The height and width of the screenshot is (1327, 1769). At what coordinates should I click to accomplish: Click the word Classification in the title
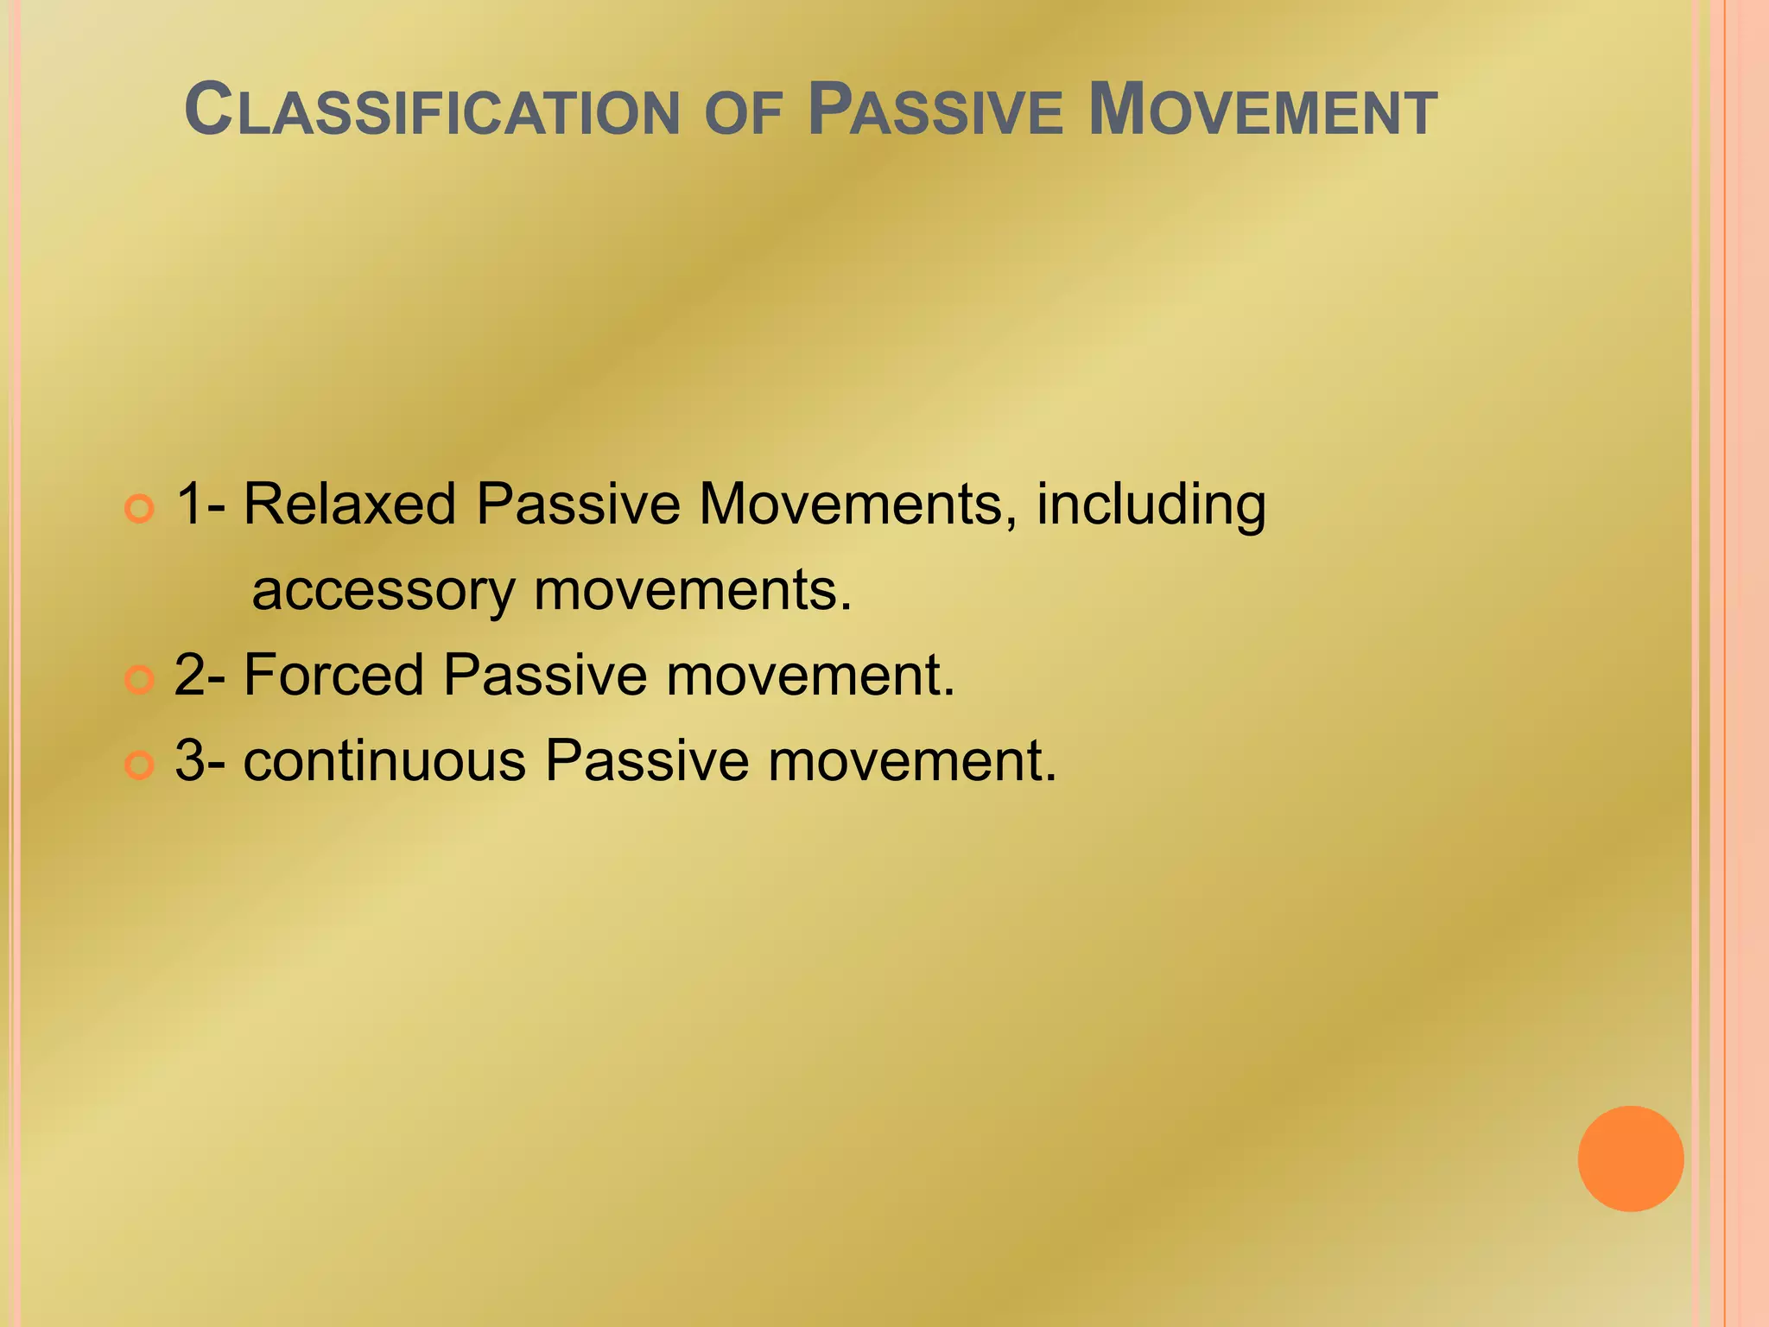(x=432, y=111)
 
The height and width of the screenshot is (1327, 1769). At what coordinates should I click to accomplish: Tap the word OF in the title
(x=744, y=114)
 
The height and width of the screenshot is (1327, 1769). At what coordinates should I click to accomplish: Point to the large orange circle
(x=1630, y=1159)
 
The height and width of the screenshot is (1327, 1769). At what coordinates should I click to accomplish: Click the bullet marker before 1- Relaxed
(x=139, y=508)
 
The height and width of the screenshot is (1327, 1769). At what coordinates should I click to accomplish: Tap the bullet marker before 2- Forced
(x=139, y=680)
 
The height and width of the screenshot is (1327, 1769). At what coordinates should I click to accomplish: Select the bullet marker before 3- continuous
(x=139, y=765)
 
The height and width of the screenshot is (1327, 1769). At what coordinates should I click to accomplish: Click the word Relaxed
(x=349, y=504)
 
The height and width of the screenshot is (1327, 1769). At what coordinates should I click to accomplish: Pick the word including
(x=1151, y=505)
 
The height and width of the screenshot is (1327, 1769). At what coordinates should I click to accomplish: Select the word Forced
(x=333, y=675)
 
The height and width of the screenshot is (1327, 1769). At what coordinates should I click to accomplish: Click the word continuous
(x=384, y=761)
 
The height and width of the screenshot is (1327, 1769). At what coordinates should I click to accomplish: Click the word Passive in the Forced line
(x=545, y=675)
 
